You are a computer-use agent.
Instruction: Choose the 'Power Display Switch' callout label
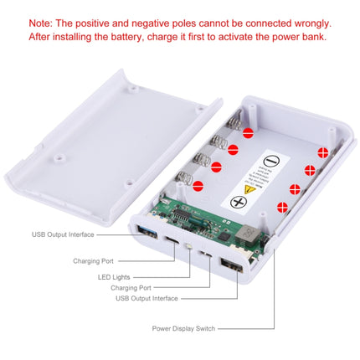(183, 329)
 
